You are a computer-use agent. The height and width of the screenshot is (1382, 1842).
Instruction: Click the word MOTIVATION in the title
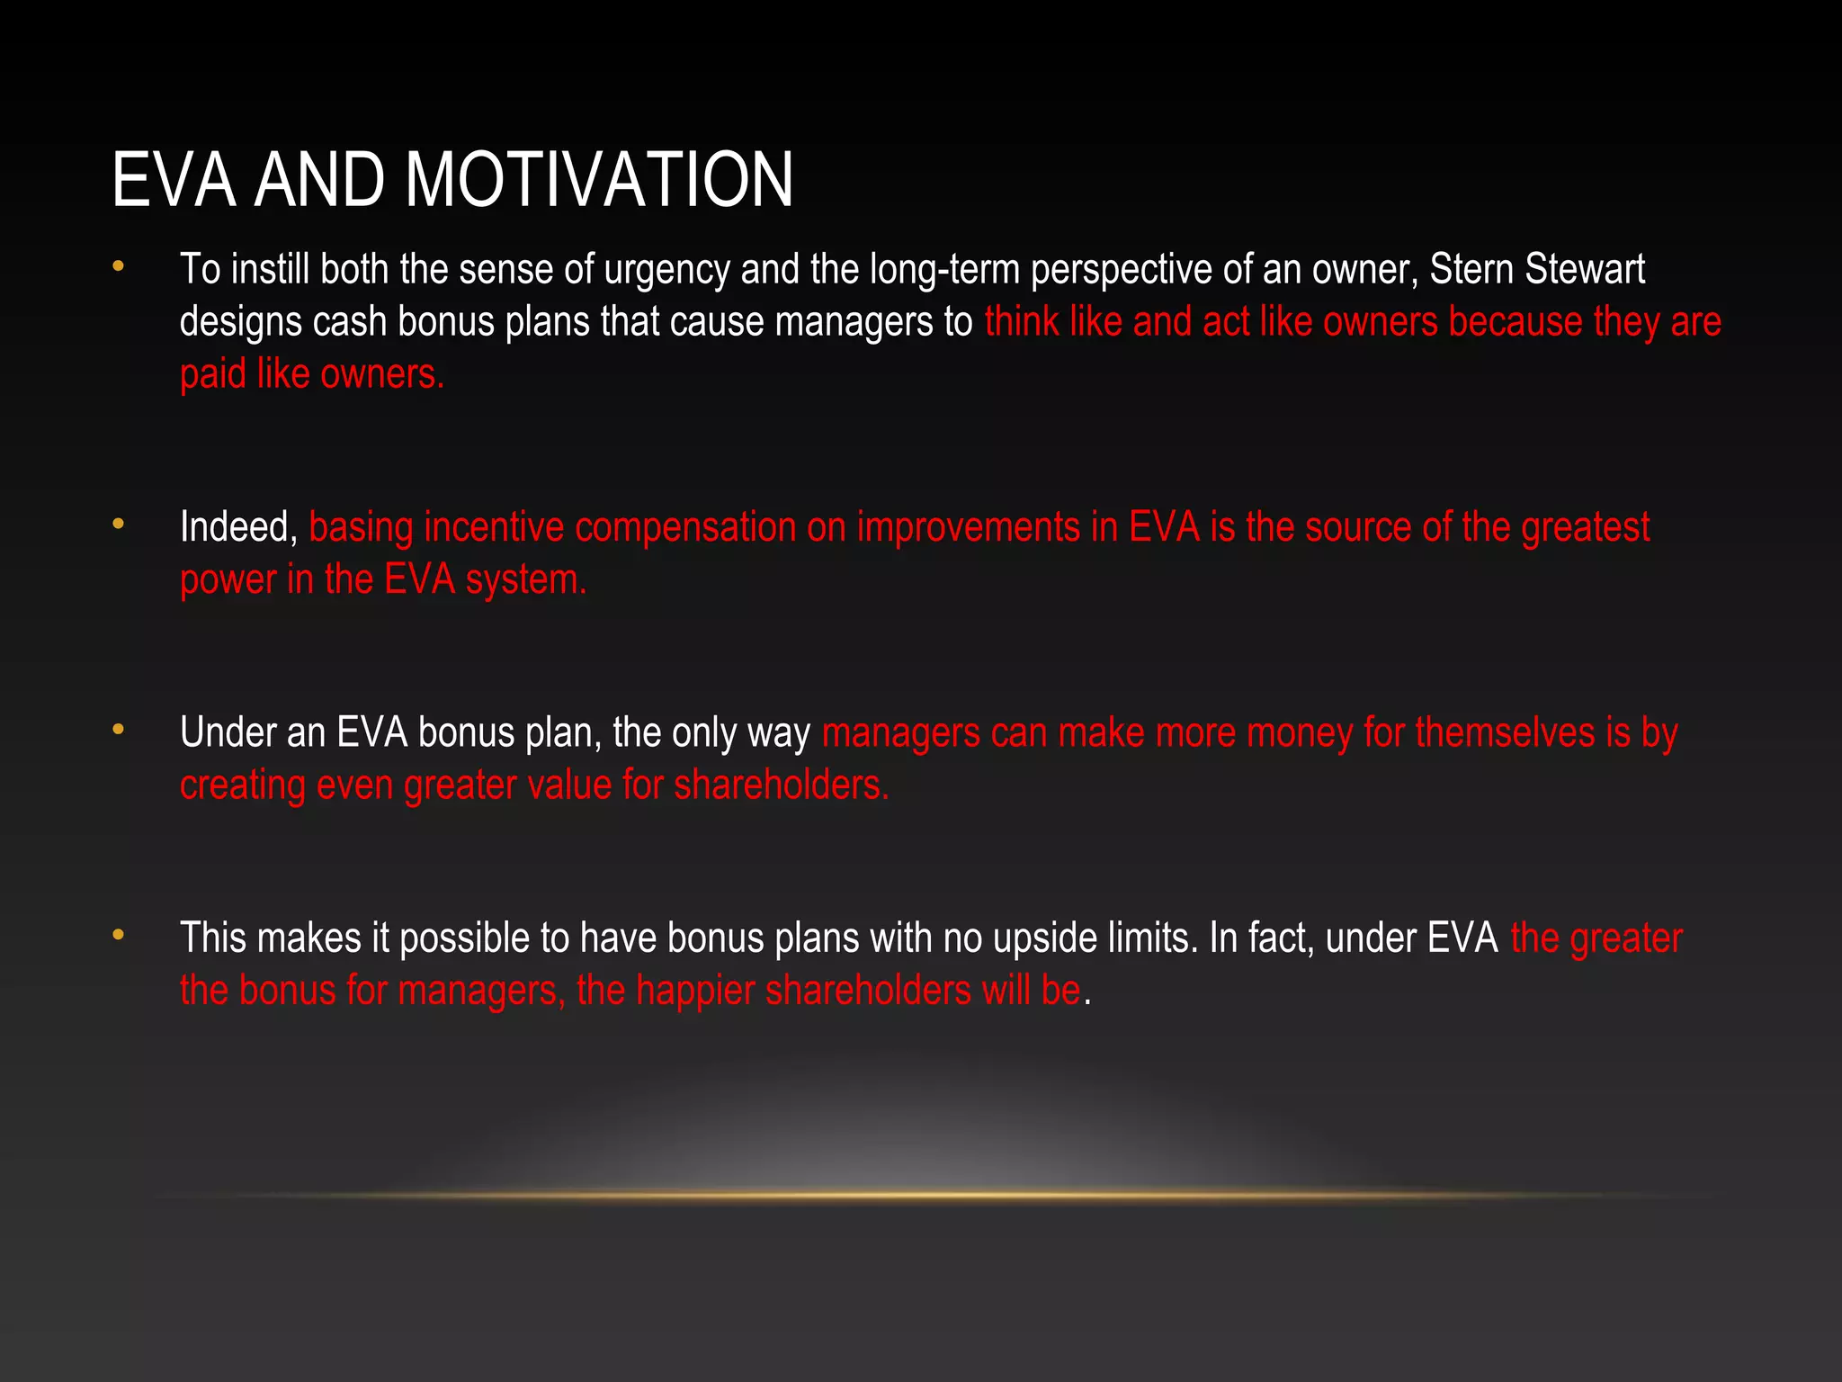(x=599, y=180)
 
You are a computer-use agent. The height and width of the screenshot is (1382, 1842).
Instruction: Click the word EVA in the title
(x=174, y=180)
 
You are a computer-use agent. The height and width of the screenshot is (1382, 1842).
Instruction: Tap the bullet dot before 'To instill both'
(x=118, y=266)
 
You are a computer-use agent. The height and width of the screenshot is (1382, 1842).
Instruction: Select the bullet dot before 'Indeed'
(x=118, y=524)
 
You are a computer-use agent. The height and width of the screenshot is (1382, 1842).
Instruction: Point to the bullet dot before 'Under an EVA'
(x=118, y=730)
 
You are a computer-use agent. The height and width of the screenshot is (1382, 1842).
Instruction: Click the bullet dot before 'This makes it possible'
(x=118, y=936)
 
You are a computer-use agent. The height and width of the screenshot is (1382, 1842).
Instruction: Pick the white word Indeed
(x=238, y=527)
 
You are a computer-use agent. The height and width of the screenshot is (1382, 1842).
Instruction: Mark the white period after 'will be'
(x=1087, y=1003)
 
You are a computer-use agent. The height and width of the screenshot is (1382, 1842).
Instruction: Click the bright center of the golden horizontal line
(x=935, y=1195)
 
